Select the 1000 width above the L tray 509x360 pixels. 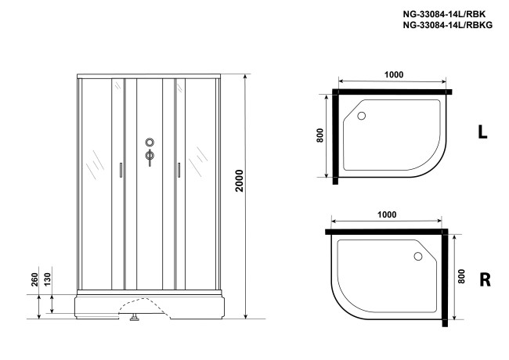coord(393,74)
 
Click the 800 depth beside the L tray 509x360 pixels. coord(319,135)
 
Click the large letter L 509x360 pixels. coord(482,133)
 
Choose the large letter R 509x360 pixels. coord(484,279)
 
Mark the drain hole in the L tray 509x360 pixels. coord(361,116)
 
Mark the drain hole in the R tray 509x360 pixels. coord(417,257)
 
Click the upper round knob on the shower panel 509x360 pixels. coord(149,142)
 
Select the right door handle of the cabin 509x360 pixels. coord(179,171)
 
